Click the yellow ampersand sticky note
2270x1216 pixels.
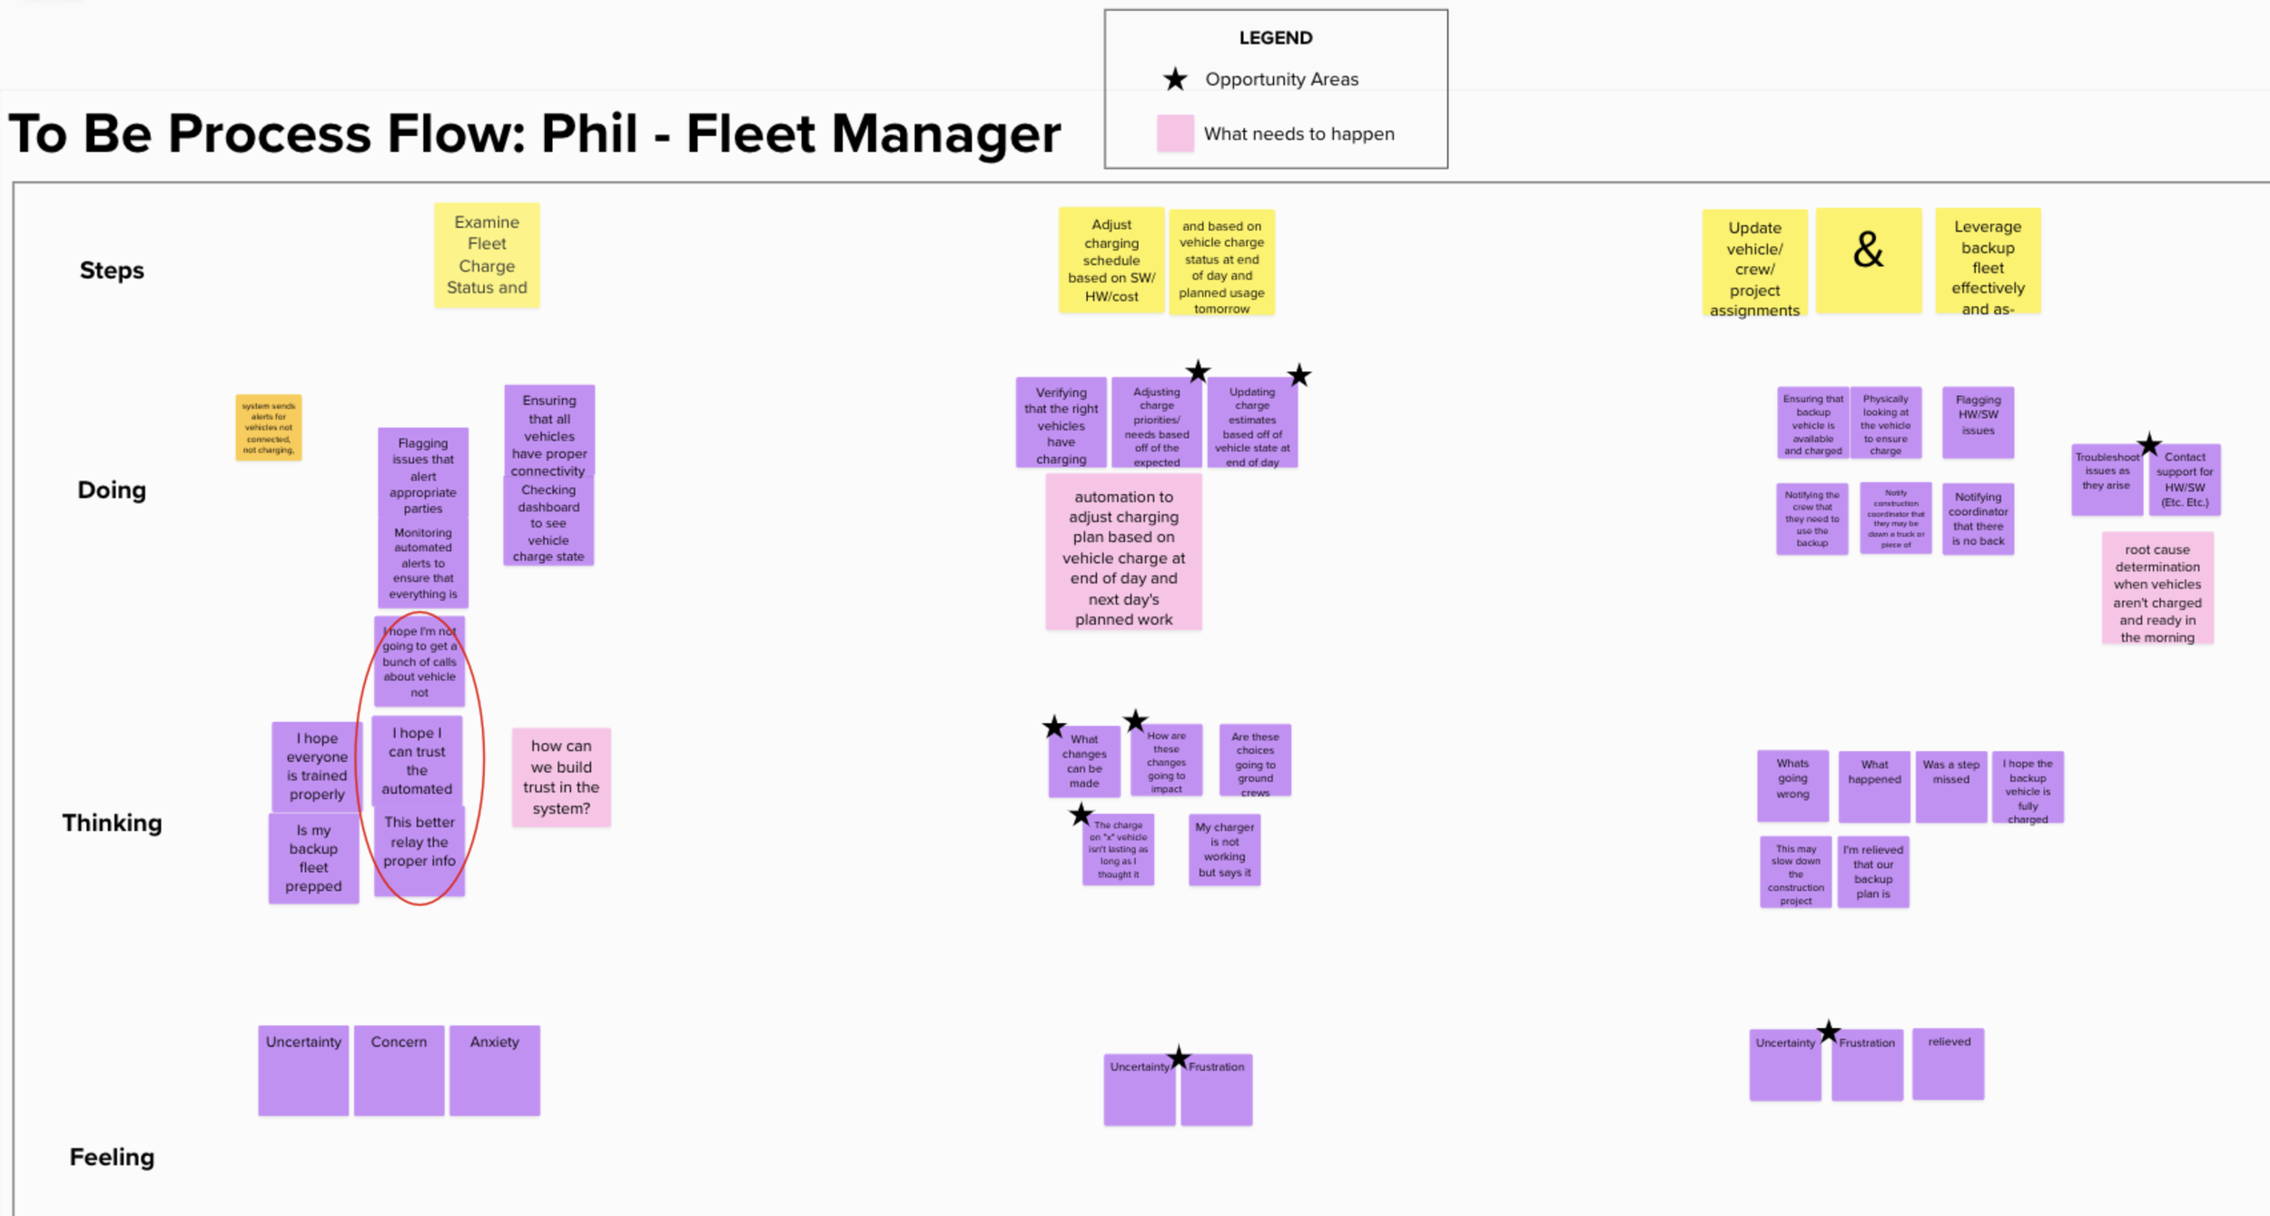click(1869, 260)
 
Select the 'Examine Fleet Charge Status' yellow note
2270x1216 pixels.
click(487, 255)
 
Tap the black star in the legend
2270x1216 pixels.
click(1175, 79)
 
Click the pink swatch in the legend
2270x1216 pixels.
click(1175, 133)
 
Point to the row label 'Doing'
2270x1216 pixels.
click(112, 490)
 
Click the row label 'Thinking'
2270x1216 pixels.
click(112, 823)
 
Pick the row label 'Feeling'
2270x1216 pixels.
click(112, 1157)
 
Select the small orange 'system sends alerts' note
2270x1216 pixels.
click(269, 427)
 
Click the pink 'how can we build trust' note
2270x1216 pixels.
click(561, 777)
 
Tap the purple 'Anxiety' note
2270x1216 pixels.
click(495, 1070)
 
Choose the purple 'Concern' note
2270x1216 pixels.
click(399, 1070)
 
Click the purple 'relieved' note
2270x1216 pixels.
click(1949, 1063)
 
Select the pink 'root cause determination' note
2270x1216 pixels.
click(2157, 588)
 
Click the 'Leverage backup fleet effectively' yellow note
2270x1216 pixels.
click(1988, 262)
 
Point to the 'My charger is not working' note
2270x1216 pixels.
click(1224, 850)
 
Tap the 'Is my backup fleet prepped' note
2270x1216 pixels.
click(313, 858)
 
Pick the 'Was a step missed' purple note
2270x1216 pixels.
click(1951, 786)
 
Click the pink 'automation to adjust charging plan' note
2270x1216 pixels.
click(1123, 552)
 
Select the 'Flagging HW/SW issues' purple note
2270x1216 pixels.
click(1978, 422)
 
